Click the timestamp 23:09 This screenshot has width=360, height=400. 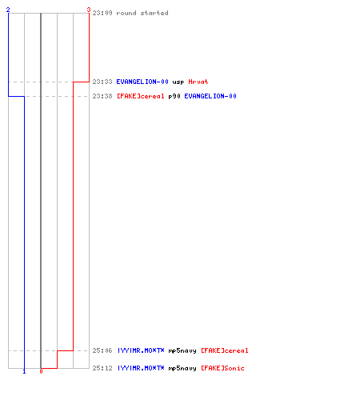pos(102,13)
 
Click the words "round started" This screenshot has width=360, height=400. pos(142,13)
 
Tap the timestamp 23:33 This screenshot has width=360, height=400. pos(102,82)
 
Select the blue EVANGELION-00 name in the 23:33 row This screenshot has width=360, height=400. pos(142,82)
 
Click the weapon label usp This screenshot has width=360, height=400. pos(178,82)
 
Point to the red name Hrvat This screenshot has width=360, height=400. pos(198,82)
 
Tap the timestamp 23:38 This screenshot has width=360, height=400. pos(102,96)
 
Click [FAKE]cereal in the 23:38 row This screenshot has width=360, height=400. pos(141,96)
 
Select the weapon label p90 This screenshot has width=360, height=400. pos(174,96)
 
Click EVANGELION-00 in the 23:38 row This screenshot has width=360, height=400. pos(210,96)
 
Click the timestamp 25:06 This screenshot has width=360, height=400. pos(102,350)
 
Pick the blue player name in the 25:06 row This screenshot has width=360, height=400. pos(141,350)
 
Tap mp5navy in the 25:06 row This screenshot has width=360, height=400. pos(182,351)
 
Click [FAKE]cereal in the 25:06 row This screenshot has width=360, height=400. pos(225,350)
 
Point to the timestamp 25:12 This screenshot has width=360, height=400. pos(102,368)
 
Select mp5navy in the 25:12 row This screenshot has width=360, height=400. pos(182,369)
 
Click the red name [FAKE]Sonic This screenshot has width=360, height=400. pos(222,368)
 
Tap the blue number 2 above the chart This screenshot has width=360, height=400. pos(8,10)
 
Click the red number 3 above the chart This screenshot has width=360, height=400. pos(89,10)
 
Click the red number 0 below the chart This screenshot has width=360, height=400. pos(41,371)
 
